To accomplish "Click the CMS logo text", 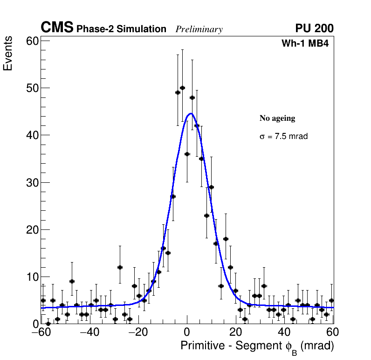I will [x=57, y=28].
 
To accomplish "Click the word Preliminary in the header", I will [x=199, y=29].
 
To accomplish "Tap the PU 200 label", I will [x=314, y=28].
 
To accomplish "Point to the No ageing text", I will [x=277, y=118].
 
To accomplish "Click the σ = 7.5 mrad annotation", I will [x=283, y=137].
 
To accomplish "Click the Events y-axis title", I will [x=8, y=55].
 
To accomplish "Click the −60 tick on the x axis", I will [x=41, y=332].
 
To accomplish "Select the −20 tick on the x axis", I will [x=138, y=332].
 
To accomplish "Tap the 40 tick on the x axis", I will [x=284, y=332].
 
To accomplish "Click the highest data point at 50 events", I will [x=182, y=88].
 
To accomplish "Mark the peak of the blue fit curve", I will [x=190, y=113].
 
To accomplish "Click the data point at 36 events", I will [x=187, y=154].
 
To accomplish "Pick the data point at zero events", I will [x=48, y=323].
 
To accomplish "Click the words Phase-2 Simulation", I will [x=121, y=29].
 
